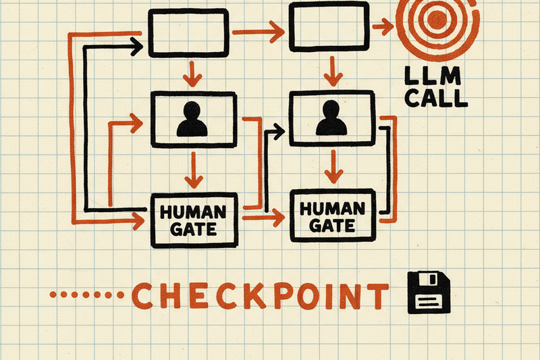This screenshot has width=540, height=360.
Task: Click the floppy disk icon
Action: [428, 292]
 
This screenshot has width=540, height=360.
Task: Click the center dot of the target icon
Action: [436, 18]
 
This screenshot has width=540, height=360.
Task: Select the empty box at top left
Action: [188, 32]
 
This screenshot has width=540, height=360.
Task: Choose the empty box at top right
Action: [328, 25]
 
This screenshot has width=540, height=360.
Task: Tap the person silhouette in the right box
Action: [331, 118]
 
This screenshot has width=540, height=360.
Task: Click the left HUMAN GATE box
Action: [195, 220]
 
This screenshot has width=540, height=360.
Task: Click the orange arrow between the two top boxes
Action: [257, 31]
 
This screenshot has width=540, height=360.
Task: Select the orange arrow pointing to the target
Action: [383, 27]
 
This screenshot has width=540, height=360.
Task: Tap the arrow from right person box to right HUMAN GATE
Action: [331, 166]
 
